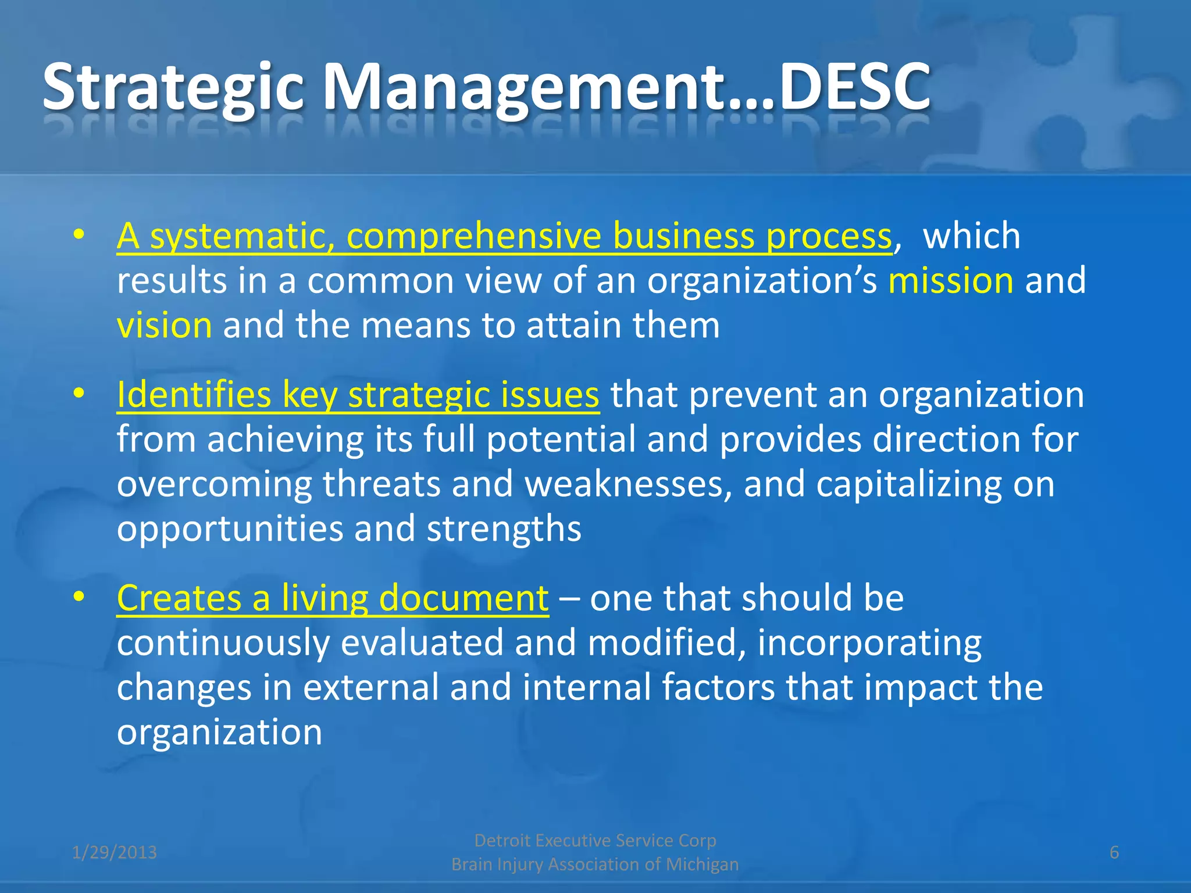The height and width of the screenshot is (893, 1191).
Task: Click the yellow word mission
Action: (951, 280)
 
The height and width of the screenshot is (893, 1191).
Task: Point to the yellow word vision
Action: (165, 324)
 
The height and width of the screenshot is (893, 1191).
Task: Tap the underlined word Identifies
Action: (194, 395)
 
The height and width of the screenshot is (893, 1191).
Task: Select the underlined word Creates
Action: (179, 598)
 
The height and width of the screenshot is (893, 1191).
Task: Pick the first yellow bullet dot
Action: (79, 235)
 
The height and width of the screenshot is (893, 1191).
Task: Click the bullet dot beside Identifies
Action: (79, 394)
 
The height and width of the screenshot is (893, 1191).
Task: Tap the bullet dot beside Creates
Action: (79, 596)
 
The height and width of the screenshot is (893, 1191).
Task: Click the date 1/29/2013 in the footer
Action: (115, 852)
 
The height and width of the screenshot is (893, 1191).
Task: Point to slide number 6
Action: (1114, 852)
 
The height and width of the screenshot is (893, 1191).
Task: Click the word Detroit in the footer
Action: (502, 840)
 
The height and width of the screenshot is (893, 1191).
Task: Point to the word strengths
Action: (504, 529)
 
